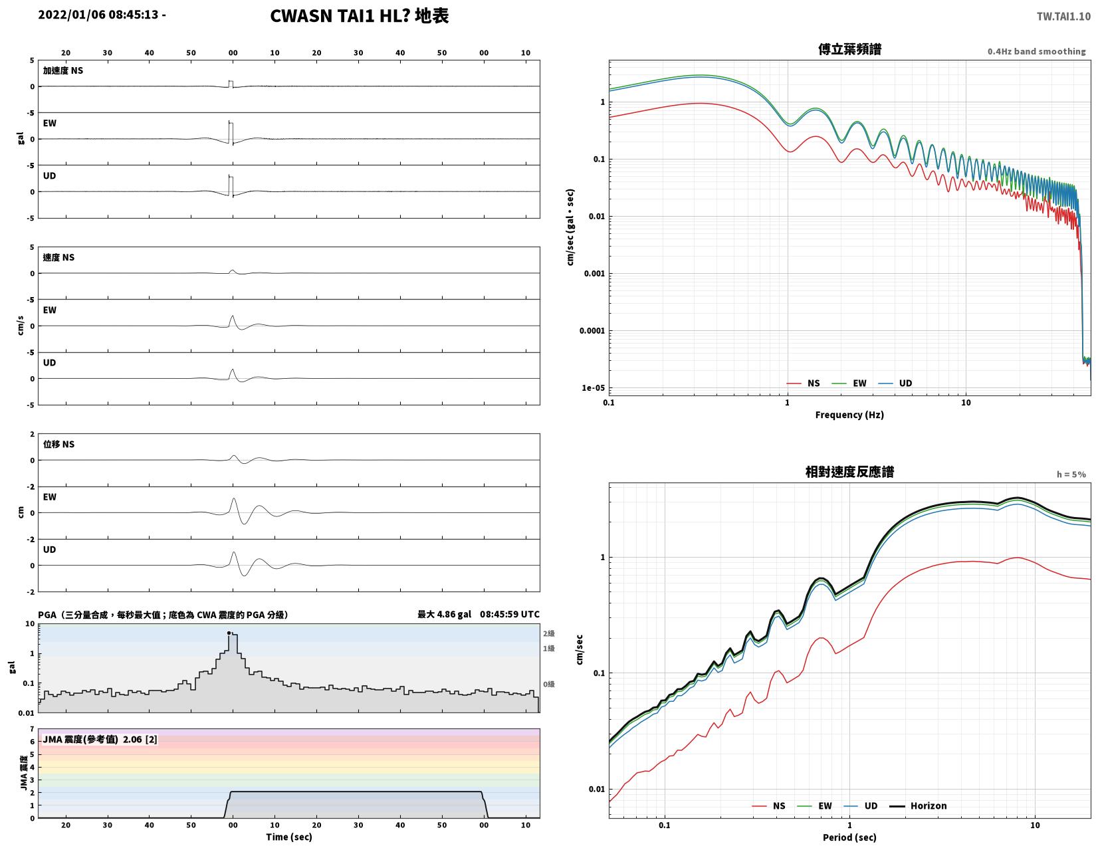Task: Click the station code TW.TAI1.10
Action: [1063, 16]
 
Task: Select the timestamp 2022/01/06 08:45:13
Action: [98, 14]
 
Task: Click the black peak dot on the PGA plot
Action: [229, 632]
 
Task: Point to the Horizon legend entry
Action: [918, 805]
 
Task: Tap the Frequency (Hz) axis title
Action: [849, 415]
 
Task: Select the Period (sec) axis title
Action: [849, 837]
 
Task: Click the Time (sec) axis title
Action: [289, 836]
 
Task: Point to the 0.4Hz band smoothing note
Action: [1036, 51]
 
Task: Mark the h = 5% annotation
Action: [1071, 474]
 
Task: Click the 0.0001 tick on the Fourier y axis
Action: [592, 331]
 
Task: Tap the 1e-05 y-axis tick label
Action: [593, 388]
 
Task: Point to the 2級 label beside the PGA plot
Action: [548, 633]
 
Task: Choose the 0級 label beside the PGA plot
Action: [548, 684]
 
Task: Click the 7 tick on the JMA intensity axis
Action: [33, 728]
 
